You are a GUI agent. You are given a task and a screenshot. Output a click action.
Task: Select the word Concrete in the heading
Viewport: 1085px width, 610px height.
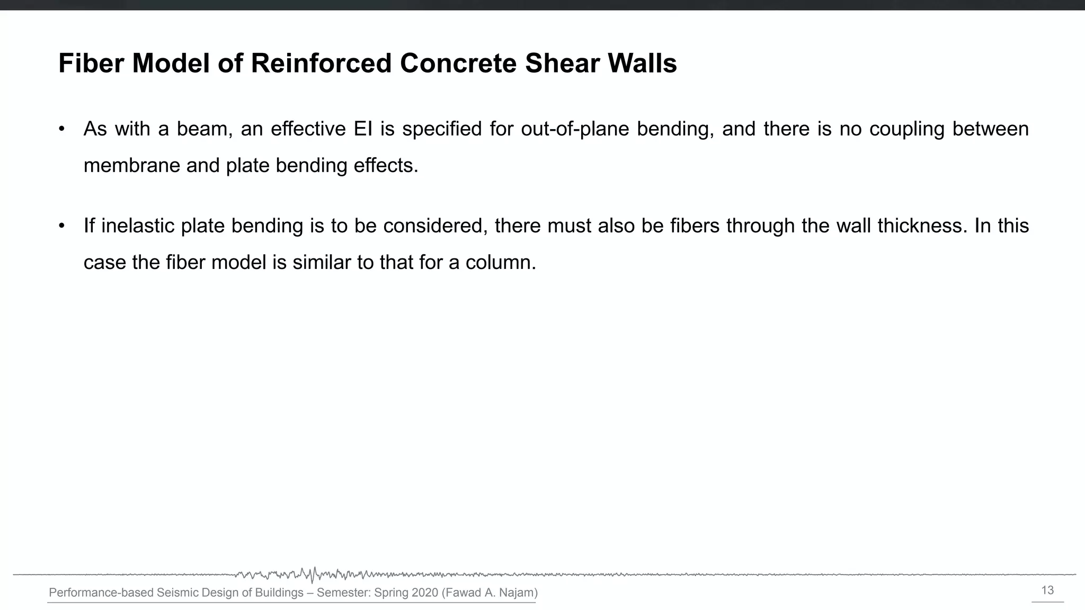[x=458, y=64]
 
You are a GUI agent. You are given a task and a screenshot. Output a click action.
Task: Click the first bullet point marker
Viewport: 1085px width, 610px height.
[x=62, y=129]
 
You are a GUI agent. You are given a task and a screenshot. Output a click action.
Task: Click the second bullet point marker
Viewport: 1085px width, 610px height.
[x=62, y=226]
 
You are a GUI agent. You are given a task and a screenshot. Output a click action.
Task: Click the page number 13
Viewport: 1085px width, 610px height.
[x=1047, y=590]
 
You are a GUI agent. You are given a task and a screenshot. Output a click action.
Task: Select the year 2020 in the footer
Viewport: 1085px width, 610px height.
[x=424, y=593]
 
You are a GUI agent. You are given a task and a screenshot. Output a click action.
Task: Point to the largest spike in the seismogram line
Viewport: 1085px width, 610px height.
[x=313, y=575]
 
